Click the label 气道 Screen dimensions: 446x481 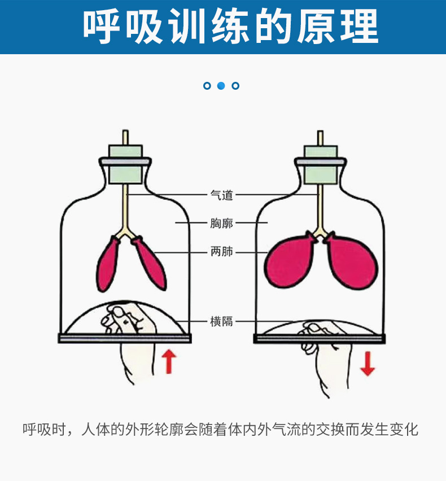click(x=221, y=195)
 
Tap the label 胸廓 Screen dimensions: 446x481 click(x=221, y=223)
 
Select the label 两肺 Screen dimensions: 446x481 click(x=221, y=252)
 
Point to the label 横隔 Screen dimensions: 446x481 click(x=221, y=322)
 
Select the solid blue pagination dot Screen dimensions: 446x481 click(x=221, y=86)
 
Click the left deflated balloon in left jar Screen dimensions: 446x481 click(x=108, y=264)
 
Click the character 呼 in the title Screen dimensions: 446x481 click(x=103, y=26)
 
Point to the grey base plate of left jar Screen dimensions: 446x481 click(x=125, y=338)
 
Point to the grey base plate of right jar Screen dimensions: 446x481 click(x=321, y=338)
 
